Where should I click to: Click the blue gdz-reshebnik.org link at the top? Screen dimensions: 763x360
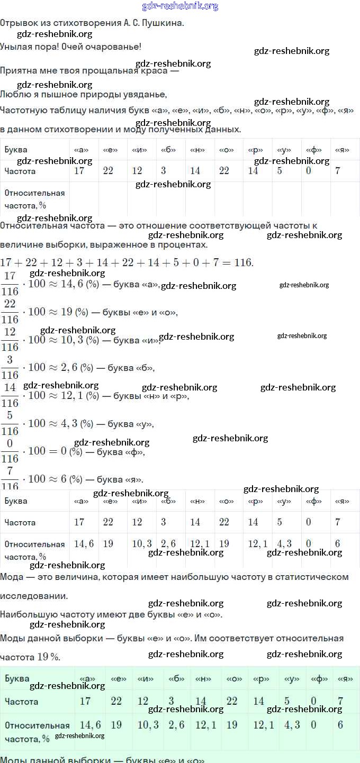click(x=180, y=6)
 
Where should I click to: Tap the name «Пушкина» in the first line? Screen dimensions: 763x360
click(x=165, y=23)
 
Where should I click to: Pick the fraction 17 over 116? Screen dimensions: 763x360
click(x=10, y=284)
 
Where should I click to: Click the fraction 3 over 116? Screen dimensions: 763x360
click(x=10, y=367)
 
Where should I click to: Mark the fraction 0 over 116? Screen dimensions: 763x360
click(x=10, y=451)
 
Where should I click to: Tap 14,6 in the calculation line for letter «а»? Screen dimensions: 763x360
click(x=72, y=284)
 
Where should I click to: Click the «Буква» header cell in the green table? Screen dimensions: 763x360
click(x=17, y=678)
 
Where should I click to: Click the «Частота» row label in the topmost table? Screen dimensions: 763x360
click(x=20, y=171)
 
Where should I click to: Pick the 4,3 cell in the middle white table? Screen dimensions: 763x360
click(x=284, y=543)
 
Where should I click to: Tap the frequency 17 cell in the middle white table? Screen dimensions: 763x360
click(x=79, y=522)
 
